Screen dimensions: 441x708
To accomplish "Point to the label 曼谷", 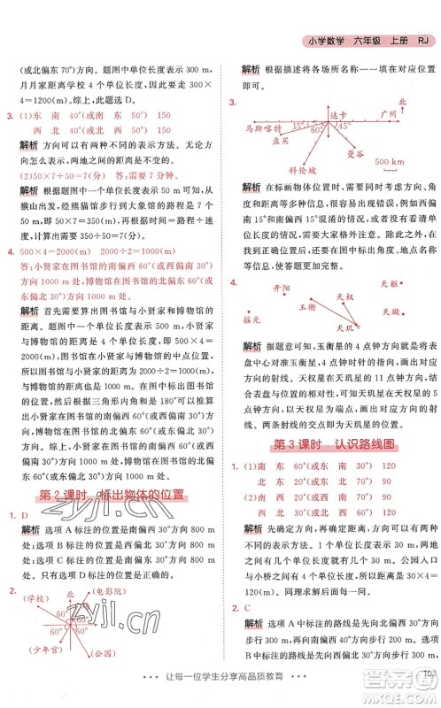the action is [x=356, y=152].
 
